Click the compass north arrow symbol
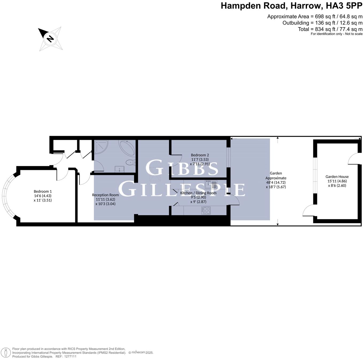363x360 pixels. (x=50, y=39)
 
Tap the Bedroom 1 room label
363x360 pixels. (x=43, y=191)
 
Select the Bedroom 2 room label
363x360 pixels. (x=200, y=155)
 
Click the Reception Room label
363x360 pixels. (x=105, y=195)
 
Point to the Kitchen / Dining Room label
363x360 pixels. (x=198, y=193)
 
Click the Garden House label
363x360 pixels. (x=337, y=177)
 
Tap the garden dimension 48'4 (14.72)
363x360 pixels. (x=276, y=182)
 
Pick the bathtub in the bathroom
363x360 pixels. (x=128, y=148)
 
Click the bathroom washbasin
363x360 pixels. (x=119, y=169)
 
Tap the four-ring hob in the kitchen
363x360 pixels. (x=206, y=210)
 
